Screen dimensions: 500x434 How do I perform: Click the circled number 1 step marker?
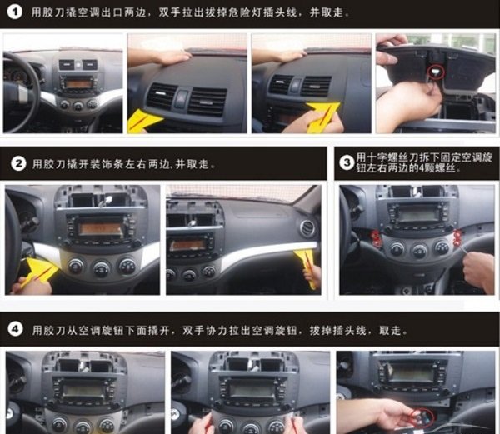[x=14, y=12]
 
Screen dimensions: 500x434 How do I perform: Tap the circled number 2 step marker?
[x=18, y=164]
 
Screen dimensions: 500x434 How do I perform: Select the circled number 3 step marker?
[x=347, y=162]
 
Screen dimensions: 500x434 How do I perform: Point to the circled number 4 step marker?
[x=15, y=329]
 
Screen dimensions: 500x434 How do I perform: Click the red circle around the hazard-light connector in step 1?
[x=437, y=72]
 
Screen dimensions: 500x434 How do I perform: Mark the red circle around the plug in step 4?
[x=422, y=418]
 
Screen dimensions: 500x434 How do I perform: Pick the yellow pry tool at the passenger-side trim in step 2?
[x=307, y=266]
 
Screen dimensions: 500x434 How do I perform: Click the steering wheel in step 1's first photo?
[x=22, y=92]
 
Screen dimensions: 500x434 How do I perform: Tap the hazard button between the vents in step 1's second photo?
[x=182, y=97]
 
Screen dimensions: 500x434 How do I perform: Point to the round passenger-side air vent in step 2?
[x=307, y=228]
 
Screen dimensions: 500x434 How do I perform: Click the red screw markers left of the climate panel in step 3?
[x=376, y=239]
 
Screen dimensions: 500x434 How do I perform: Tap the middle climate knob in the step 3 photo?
[x=420, y=251]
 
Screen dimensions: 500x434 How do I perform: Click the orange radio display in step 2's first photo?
[x=101, y=229]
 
